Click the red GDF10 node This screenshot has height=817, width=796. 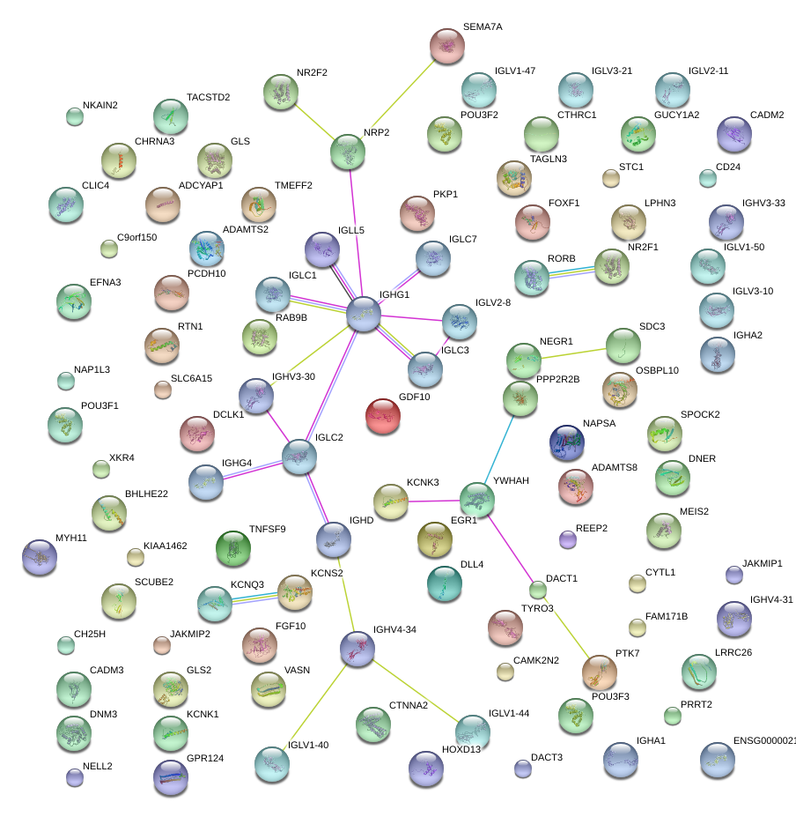[383, 416]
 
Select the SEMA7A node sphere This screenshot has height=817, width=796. [447, 46]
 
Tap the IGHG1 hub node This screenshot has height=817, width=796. [364, 315]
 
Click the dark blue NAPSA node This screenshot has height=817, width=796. [566, 443]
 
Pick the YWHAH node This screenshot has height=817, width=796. [477, 499]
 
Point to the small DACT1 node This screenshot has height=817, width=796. [538, 590]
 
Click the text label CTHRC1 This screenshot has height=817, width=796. [577, 115]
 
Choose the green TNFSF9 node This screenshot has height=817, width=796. [233, 549]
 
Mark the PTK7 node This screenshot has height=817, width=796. [600, 672]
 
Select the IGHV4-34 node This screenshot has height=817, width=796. [357, 648]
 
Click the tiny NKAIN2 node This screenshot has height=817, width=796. [75, 115]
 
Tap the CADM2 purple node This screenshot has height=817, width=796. [734, 134]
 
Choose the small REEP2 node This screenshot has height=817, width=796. [568, 538]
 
